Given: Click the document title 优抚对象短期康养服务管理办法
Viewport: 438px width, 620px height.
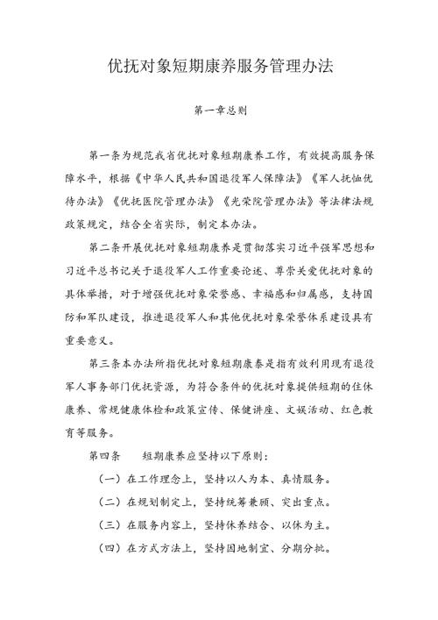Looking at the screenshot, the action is point(218,67).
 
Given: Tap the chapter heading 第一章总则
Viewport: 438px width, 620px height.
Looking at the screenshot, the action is point(218,112).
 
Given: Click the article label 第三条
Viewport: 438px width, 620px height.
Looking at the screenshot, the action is point(106,361).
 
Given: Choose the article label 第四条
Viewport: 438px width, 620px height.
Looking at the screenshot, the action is point(106,455).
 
